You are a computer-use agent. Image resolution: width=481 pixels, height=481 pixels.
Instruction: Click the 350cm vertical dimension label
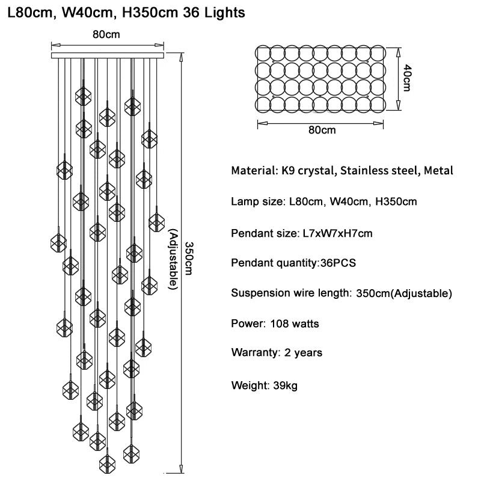point(189,259)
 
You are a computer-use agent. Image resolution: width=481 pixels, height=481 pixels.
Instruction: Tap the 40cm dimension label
point(407,78)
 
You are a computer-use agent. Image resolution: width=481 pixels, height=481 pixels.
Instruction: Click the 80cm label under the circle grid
point(322,130)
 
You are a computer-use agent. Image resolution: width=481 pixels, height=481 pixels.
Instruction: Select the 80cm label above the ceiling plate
point(106,34)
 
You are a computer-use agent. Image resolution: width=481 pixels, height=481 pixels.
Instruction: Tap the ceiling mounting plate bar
point(108,55)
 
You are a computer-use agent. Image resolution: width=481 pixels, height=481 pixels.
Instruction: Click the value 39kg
point(285,385)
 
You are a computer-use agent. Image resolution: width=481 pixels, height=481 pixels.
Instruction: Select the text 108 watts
point(295,323)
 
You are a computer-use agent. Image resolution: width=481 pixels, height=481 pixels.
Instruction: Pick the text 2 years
point(304,352)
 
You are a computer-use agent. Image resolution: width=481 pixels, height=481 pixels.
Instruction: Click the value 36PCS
point(338,263)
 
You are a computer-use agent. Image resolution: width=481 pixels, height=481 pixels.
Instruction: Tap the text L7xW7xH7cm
point(337,233)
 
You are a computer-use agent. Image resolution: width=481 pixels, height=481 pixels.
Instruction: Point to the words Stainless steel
point(379,171)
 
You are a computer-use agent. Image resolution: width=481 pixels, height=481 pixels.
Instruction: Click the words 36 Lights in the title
point(214,13)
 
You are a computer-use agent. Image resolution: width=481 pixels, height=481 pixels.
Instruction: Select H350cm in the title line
point(150,13)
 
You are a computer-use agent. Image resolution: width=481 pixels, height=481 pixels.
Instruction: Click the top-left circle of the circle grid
point(263,53)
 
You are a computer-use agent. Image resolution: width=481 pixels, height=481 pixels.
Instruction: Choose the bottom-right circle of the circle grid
point(378,104)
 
